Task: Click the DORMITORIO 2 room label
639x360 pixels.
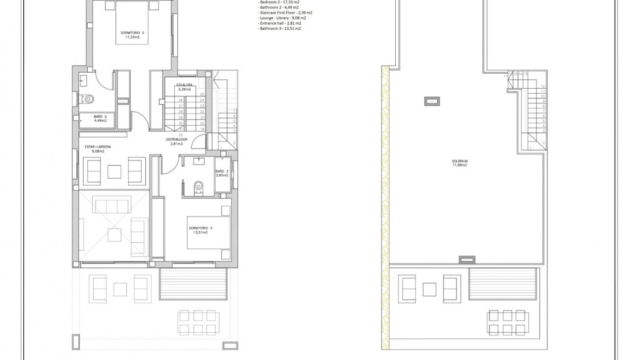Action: click(133, 33)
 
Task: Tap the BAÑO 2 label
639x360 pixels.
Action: click(100, 117)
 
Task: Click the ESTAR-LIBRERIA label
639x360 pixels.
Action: click(98, 147)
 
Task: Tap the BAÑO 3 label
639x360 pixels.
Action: click(221, 171)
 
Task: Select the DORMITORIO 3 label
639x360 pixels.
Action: click(201, 228)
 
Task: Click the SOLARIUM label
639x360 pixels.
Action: click(460, 161)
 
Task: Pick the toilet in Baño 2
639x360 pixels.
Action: click(88, 99)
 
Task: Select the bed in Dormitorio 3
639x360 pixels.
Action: click(209, 232)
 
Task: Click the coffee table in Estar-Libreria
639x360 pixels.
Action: click(115, 171)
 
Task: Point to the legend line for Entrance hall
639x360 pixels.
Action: click(279, 23)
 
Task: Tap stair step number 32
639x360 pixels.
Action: click(181, 134)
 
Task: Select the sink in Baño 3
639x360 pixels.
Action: click(200, 160)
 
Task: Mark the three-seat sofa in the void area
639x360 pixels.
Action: click(112, 205)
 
